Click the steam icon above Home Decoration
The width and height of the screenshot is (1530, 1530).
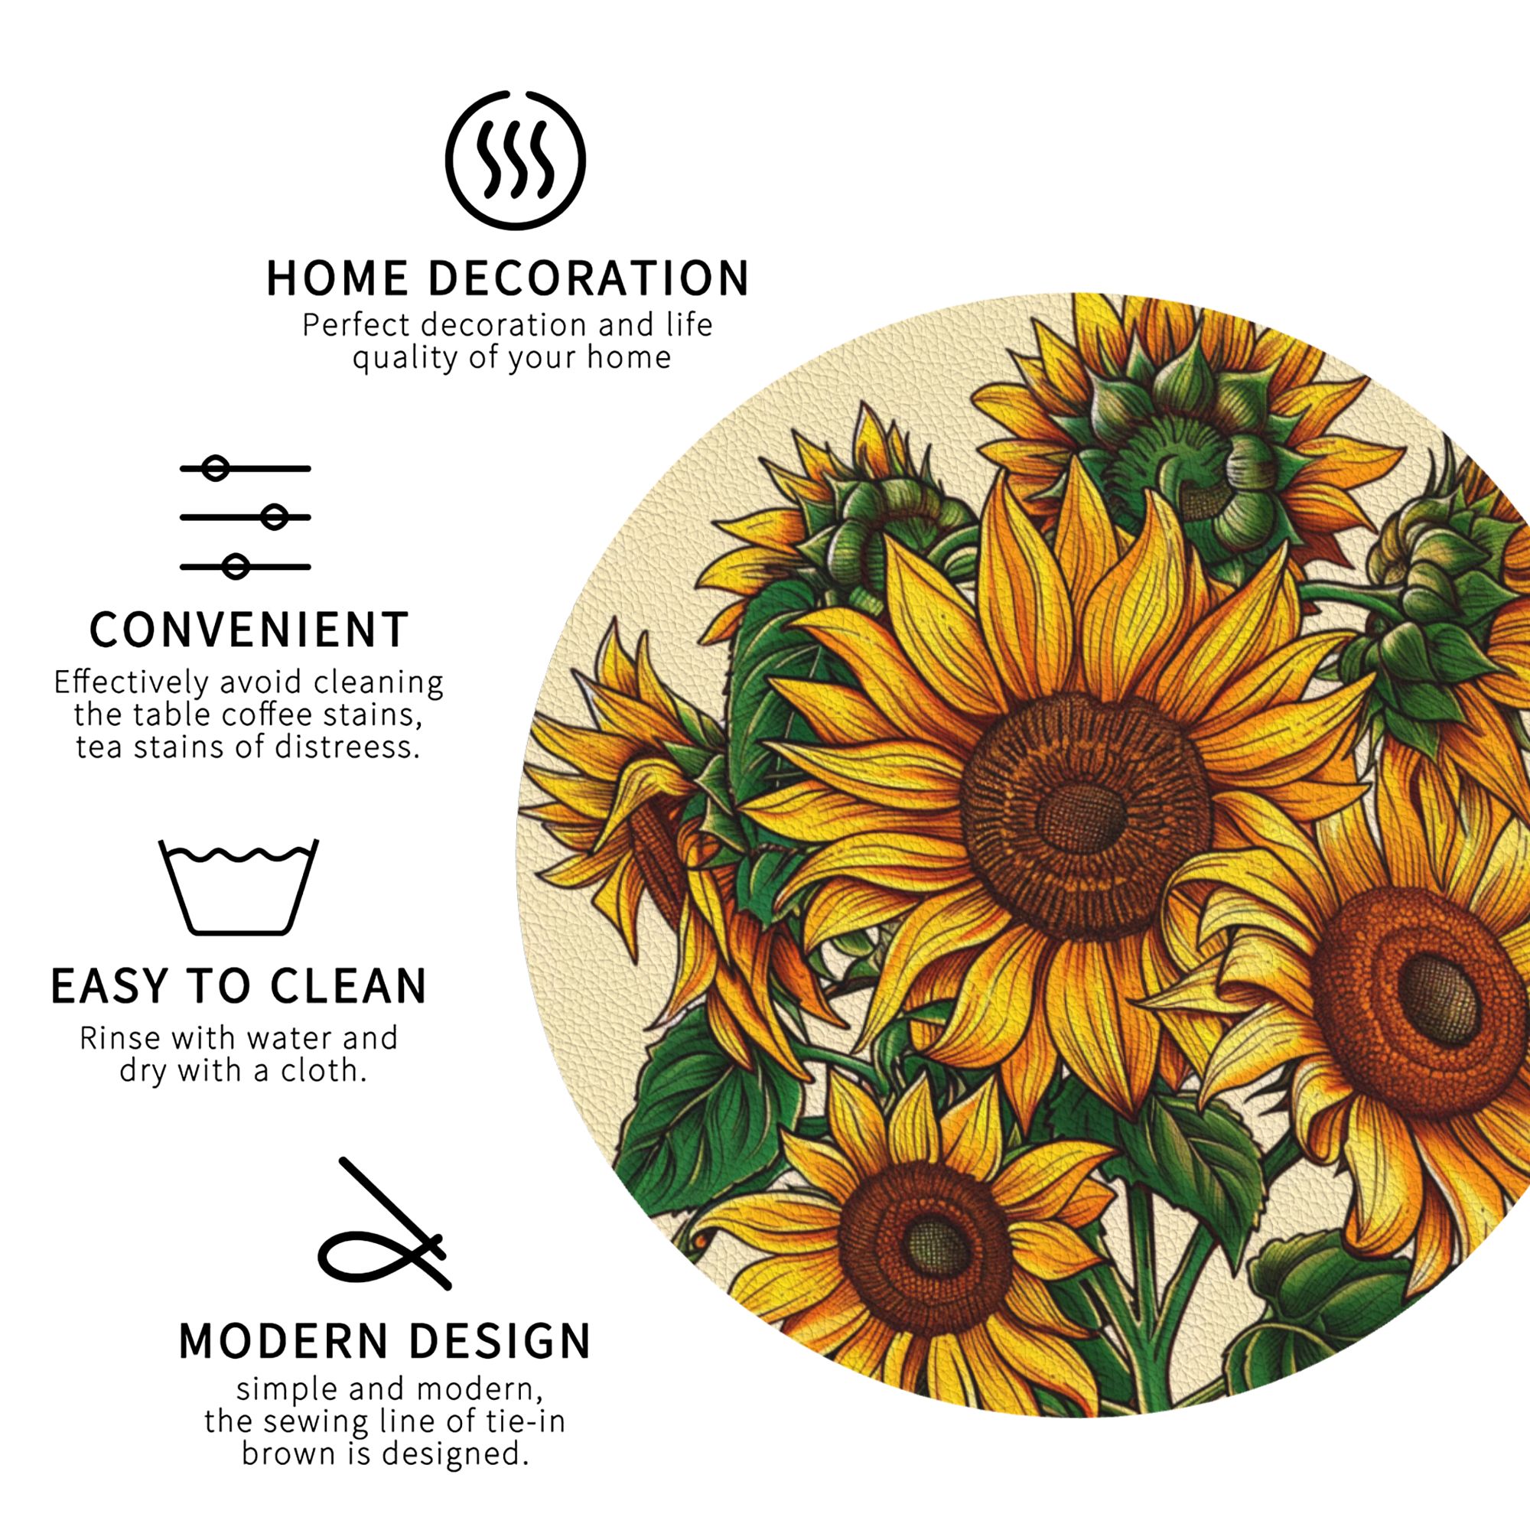(x=515, y=160)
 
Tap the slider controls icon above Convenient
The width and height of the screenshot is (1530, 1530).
(x=246, y=517)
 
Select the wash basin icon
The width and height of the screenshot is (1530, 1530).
(x=239, y=887)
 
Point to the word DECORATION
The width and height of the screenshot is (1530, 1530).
(x=588, y=278)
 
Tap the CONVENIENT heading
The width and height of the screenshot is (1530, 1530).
(x=249, y=630)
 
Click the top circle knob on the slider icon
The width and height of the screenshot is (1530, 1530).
(x=216, y=468)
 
